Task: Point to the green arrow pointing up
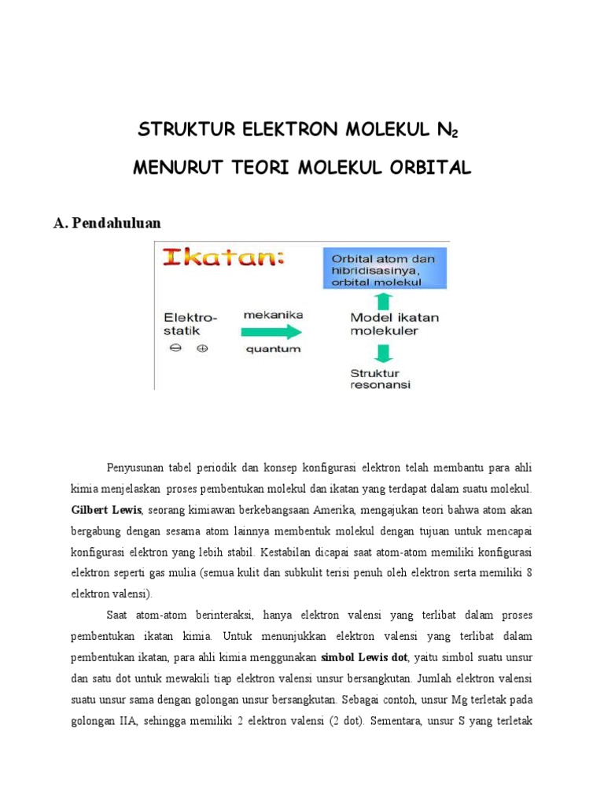pyautogui.click(x=384, y=299)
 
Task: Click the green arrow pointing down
pyautogui.click(x=384, y=354)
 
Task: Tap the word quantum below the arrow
pyautogui.click(x=272, y=349)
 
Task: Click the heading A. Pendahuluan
pyautogui.click(x=107, y=223)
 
